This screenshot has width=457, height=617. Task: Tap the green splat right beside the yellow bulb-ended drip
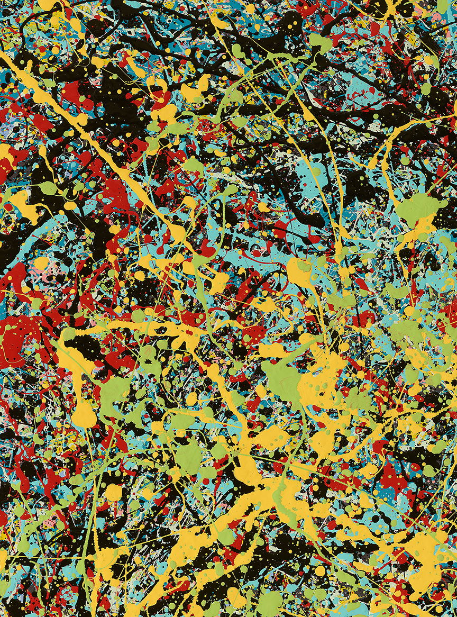click(x=114, y=392)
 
